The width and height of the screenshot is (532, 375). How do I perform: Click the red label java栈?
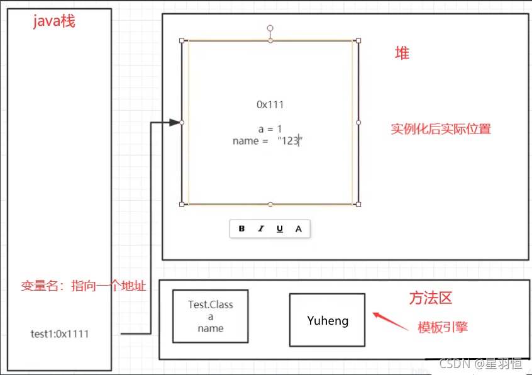click(54, 21)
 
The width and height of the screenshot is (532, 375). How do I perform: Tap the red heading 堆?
click(402, 53)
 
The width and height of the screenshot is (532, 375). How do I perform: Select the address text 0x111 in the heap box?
click(270, 104)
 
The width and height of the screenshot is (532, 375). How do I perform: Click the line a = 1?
click(270, 129)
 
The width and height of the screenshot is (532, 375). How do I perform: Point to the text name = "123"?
click(268, 141)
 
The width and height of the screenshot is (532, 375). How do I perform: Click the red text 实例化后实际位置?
click(440, 129)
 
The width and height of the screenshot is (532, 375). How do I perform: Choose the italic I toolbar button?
click(260, 229)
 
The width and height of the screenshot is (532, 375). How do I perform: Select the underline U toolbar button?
click(279, 229)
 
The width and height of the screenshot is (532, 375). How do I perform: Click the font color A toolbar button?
click(298, 229)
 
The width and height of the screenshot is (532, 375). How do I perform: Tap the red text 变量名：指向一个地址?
click(83, 286)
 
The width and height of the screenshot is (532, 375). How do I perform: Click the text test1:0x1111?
click(60, 334)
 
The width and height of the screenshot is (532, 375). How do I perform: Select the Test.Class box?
click(210, 316)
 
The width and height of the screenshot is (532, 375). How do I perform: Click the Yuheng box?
click(327, 320)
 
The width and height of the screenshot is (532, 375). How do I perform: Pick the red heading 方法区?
click(431, 298)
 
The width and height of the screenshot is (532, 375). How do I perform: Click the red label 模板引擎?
click(443, 327)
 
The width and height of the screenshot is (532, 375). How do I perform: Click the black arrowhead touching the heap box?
click(174, 123)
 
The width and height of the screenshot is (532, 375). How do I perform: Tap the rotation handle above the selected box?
click(270, 28)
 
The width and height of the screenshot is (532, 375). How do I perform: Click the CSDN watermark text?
click(480, 364)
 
